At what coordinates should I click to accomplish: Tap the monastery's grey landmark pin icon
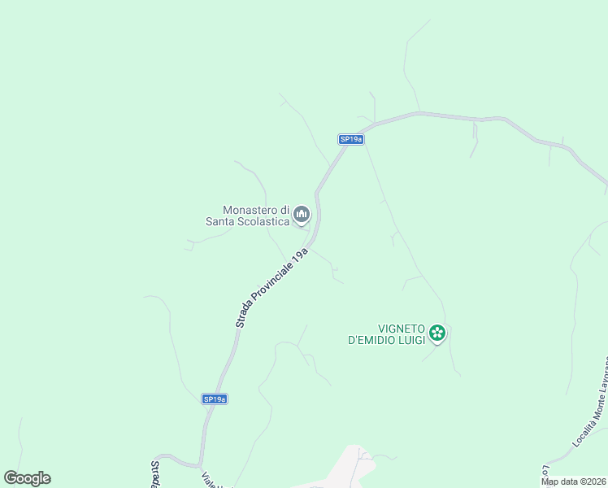[x=302, y=214]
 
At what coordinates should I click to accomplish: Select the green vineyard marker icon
[x=437, y=332]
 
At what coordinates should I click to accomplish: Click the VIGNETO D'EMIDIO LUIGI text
[x=386, y=333]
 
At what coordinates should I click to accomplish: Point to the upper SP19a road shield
[x=350, y=139]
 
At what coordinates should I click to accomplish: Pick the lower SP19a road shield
[x=214, y=399]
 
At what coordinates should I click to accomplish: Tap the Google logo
[x=28, y=478]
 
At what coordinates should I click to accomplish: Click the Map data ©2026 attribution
[x=574, y=481]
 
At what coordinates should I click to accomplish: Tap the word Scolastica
[x=262, y=220]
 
